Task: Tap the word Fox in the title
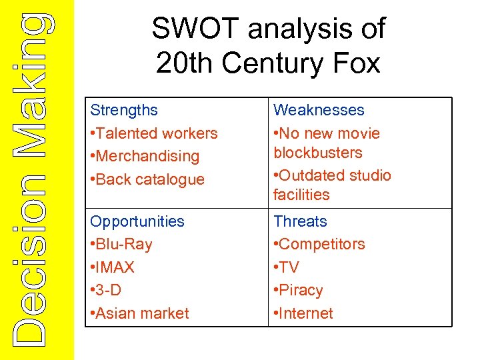tap(357, 63)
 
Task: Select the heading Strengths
tap(124, 110)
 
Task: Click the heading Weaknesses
tap(319, 110)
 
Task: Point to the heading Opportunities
tap(137, 221)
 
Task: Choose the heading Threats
tap(300, 221)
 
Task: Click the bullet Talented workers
tap(157, 133)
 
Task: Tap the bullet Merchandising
tap(147, 156)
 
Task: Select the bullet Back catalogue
tap(150, 179)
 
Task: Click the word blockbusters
tap(318, 153)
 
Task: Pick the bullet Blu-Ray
tap(124, 244)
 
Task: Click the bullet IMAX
tap(115, 267)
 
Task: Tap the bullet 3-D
tap(110, 290)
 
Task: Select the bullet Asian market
tap(143, 313)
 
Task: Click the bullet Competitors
tap(322, 244)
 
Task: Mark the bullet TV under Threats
tap(289, 267)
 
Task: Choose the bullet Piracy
tap(301, 290)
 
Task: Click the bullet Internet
tap(306, 313)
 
